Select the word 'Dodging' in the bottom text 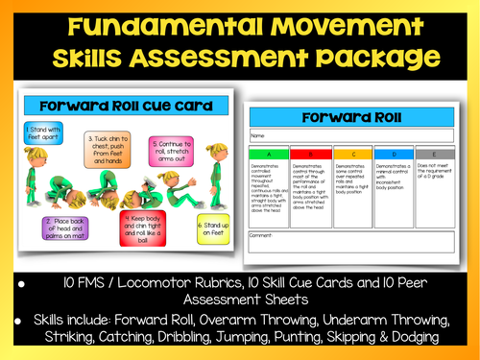click(x=410, y=338)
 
